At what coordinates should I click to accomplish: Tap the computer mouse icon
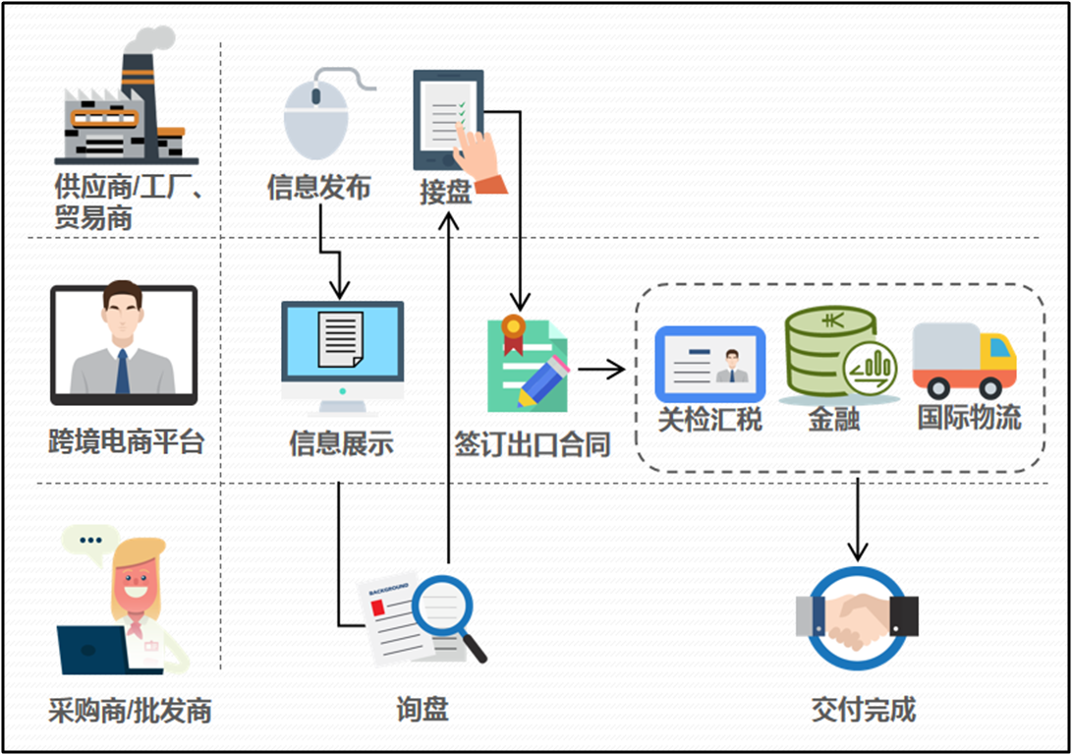point(316,116)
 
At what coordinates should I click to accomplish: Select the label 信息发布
point(318,187)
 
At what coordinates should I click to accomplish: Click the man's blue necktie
point(123,372)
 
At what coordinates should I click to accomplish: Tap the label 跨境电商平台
point(126,440)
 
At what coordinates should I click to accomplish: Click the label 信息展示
point(341,443)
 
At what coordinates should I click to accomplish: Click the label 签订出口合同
point(533,444)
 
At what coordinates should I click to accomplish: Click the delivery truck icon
point(964,359)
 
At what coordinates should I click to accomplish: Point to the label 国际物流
point(969,418)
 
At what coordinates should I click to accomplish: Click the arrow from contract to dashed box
point(601,370)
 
